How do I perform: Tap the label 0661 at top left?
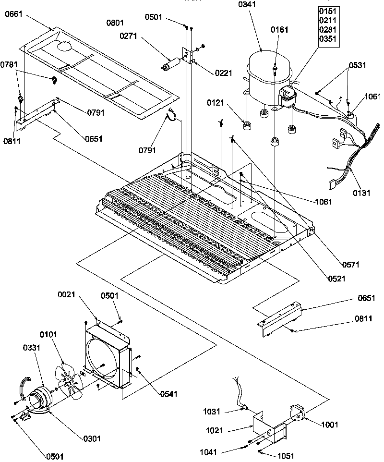[x=14, y=15]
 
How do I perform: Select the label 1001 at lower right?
[x=331, y=425]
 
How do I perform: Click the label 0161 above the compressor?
[x=279, y=30]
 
